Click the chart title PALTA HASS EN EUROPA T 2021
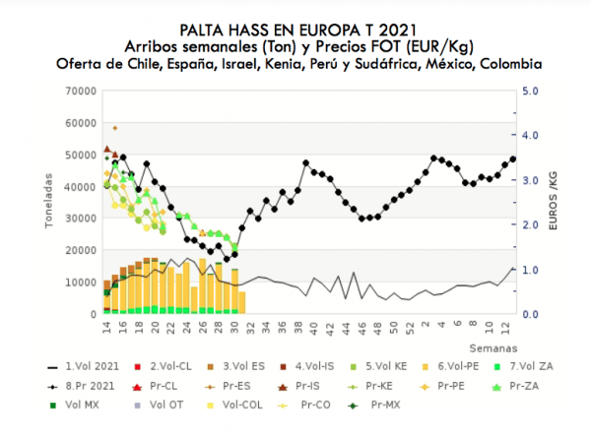click(x=295, y=31)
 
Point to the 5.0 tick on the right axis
click(x=529, y=91)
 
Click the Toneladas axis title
click(x=48, y=202)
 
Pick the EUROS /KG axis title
click(x=553, y=202)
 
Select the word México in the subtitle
click(x=437, y=63)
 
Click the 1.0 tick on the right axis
click(x=529, y=270)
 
